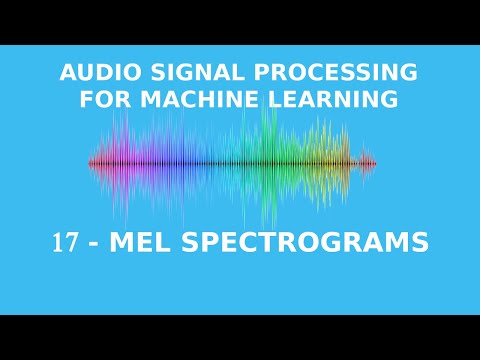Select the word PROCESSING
click(324, 73)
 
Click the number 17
click(65, 243)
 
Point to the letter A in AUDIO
click(67, 73)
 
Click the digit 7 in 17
click(71, 243)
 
